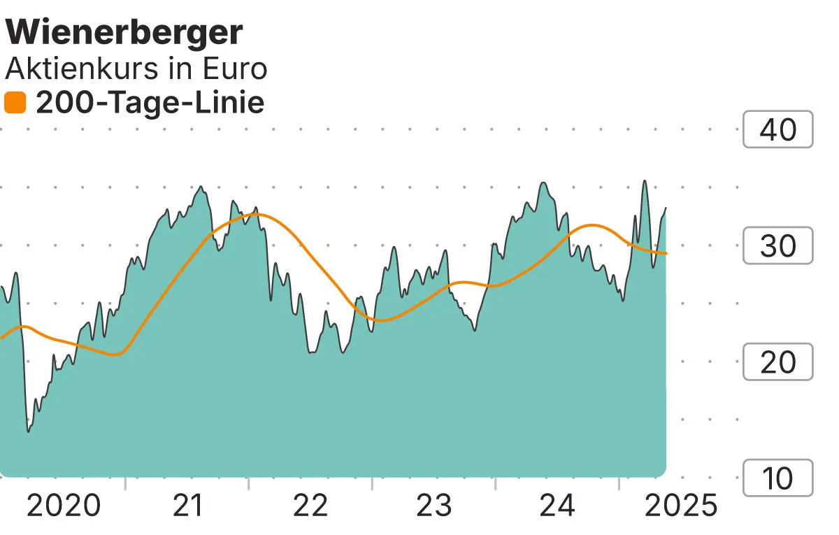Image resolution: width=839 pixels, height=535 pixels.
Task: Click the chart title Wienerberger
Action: pos(124,32)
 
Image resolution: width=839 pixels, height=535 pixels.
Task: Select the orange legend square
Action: pos(15,104)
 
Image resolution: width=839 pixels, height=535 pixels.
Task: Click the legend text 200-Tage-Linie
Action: pos(150,104)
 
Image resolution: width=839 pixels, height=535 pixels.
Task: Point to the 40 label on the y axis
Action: pos(777,129)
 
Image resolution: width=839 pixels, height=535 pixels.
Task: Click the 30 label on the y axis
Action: pos(777,246)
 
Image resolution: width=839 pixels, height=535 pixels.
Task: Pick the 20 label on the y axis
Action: pos(777,362)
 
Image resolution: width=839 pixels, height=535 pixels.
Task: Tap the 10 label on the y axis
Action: pos(777,478)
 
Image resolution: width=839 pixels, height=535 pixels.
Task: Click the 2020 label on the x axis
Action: pos(63,506)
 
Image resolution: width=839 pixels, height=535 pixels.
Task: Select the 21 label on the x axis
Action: pos(187,506)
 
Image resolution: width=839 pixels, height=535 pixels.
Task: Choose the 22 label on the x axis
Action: pos(310,506)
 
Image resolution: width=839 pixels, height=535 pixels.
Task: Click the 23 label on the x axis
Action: pos(434,506)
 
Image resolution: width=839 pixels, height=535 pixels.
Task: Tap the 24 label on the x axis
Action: pos(558,506)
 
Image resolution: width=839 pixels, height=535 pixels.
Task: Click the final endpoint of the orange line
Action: pos(666,253)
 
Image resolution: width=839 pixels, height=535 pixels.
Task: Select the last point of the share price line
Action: pos(666,208)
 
